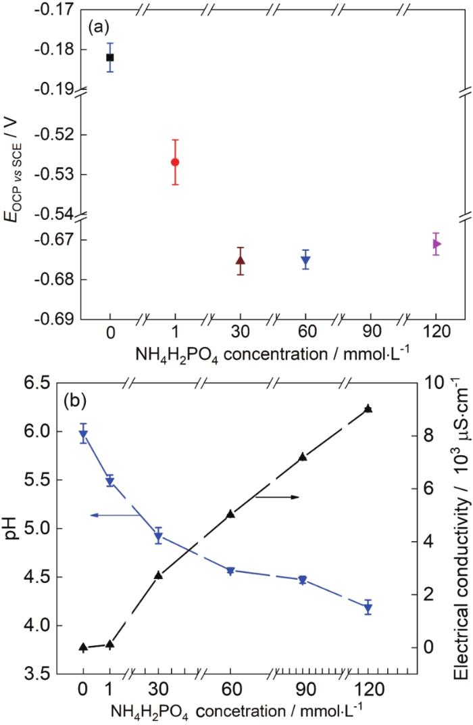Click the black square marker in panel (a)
coord(110,57)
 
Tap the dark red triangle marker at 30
coord(241,260)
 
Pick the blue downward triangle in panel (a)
coord(306,260)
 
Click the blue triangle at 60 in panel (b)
coord(230,552)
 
